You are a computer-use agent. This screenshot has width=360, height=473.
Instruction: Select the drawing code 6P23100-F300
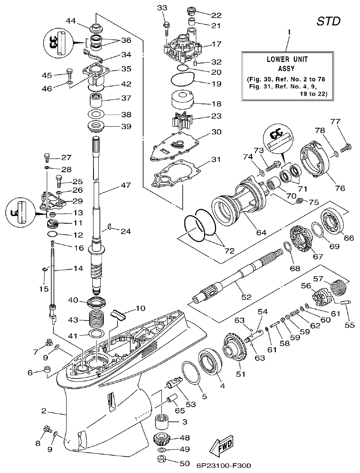tap(224, 465)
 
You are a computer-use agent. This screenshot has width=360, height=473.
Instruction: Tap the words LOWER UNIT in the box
tap(287, 59)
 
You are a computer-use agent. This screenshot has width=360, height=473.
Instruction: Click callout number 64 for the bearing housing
tap(261, 232)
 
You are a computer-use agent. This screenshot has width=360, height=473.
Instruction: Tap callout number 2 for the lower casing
tap(44, 411)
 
